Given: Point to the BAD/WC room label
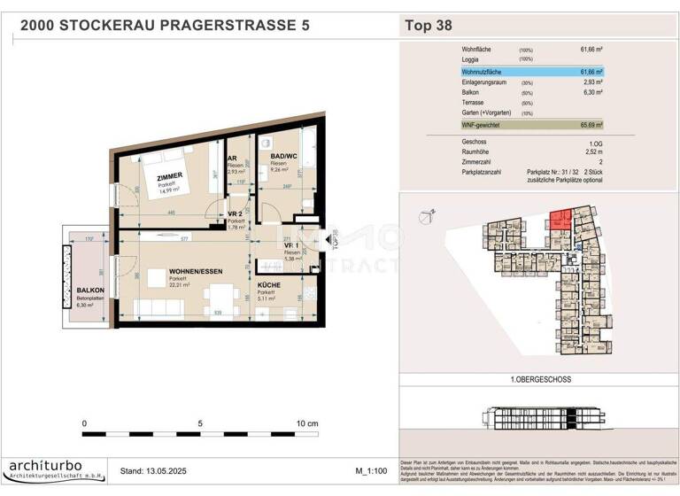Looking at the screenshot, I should (x=283, y=157).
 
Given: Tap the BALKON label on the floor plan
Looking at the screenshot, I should (x=91, y=291).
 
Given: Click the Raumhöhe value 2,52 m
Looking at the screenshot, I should (x=591, y=151).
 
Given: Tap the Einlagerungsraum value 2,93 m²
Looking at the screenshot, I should (x=591, y=81).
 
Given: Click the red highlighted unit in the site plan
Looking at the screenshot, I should (x=558, y=221).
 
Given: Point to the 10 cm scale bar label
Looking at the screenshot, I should (x=306, y=423).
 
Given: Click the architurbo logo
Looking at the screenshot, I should (x=54, y=469).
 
